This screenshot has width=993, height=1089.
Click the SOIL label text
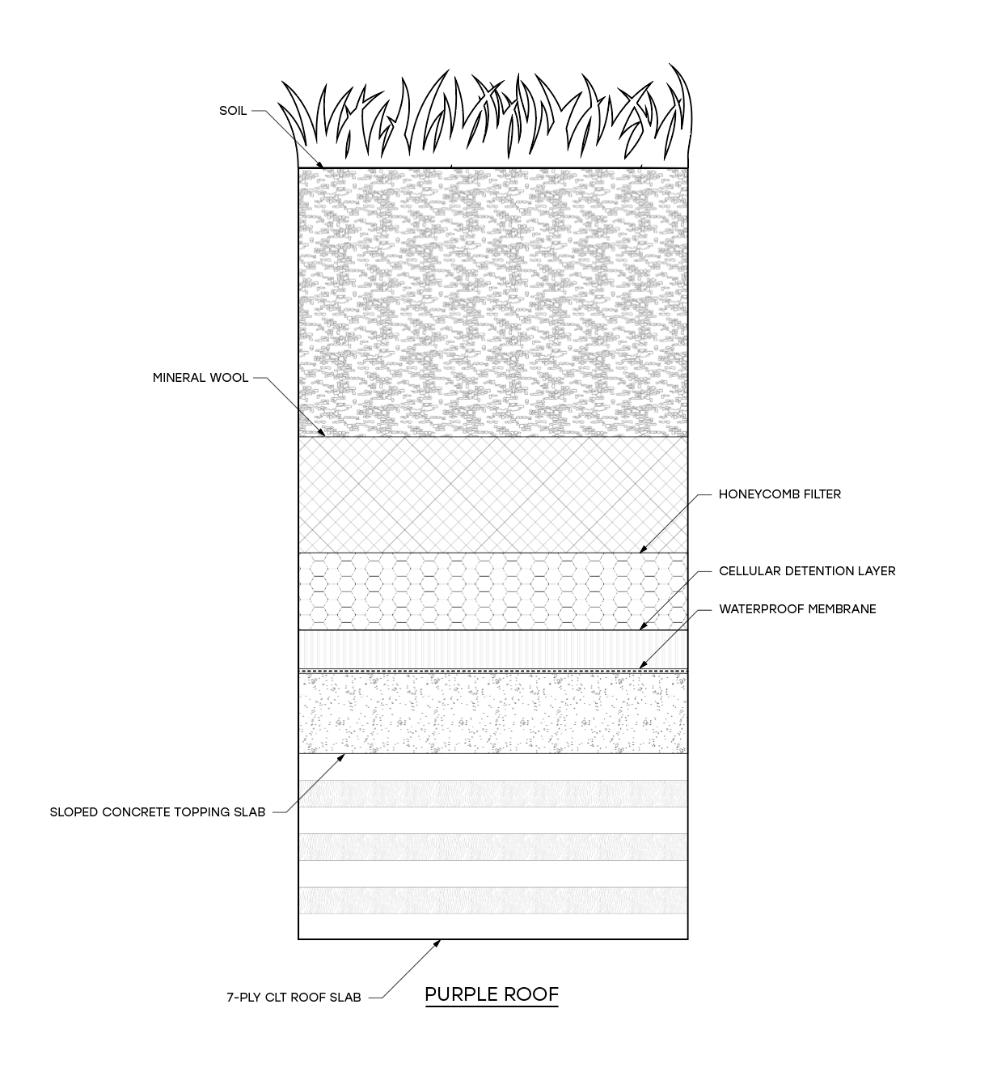tap(233, 111)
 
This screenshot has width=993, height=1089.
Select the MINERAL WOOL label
tap(201, 378)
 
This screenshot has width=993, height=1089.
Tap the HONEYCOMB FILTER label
tap(780, 494)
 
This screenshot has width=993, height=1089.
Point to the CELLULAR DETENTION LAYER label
tap(807, 571)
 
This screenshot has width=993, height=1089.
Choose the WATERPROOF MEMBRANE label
tap(797, 609)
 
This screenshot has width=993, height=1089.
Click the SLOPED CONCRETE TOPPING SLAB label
tap(158, 812)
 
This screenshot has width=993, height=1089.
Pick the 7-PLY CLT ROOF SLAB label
tap(294, 998)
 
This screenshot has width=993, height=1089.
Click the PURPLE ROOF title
tap(492, 994)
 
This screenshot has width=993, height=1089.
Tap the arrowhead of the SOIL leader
tap(322, 165)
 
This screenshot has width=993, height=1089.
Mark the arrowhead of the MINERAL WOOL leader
tap(323, 434)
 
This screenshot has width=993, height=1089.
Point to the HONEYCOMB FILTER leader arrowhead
tap(643, 550)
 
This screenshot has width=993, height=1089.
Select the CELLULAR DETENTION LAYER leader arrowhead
tap(643, 626)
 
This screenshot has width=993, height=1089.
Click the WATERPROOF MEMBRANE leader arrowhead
tap(643, 666)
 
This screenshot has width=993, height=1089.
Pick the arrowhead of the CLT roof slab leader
tap(437, 943)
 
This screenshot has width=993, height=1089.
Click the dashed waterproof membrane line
tap(492, 671)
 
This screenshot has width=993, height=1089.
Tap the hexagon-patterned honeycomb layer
tap(492, 591)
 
